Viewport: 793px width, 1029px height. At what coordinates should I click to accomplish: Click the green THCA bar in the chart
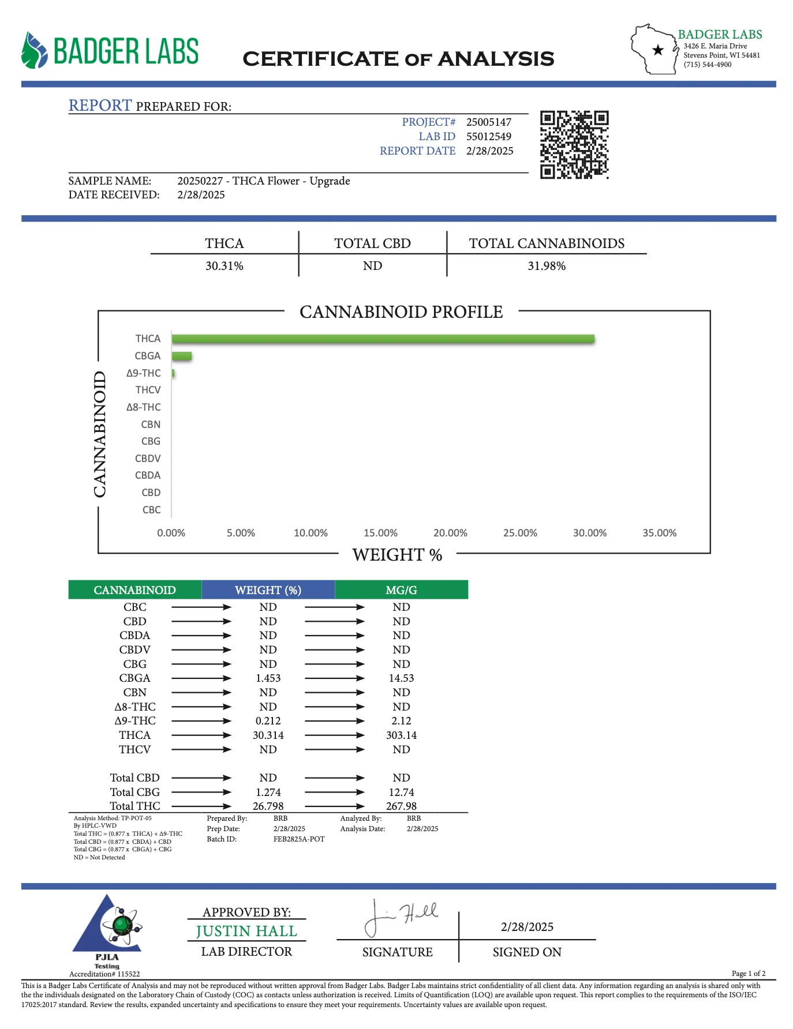[383, 339]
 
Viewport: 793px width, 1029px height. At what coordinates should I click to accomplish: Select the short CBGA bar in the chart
[182, 356]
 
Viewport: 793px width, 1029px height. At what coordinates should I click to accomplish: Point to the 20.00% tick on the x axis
[450, 533]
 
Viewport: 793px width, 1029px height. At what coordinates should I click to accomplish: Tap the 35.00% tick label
[659, 533]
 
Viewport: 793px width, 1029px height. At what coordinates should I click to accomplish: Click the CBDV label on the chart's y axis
[148, 459]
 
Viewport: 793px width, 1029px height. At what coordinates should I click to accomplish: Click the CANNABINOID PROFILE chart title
[401, 312]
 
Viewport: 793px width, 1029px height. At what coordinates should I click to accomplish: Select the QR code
[574, 144]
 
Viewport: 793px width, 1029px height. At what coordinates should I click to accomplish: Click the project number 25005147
[488, 122]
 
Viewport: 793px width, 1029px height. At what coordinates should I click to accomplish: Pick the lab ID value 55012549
[488, 137]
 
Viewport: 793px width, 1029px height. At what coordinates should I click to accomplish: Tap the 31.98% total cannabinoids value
[546, 266]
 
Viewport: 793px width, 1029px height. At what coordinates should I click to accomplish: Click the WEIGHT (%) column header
[268, 590]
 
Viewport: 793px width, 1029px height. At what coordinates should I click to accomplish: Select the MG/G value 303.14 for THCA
[401, 735]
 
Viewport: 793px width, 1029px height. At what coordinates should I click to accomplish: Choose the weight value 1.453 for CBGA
[268, 678]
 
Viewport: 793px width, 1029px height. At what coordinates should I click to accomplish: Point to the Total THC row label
[135, 806]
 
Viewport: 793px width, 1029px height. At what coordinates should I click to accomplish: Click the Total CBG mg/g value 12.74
[401, 793]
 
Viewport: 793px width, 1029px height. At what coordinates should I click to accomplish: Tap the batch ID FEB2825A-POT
[299, 839]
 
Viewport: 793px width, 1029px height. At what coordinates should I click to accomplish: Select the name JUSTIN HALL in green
[246, 932]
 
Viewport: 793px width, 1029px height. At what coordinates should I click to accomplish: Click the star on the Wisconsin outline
[657, 50]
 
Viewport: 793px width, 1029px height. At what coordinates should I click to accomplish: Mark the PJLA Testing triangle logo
[109, 926]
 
